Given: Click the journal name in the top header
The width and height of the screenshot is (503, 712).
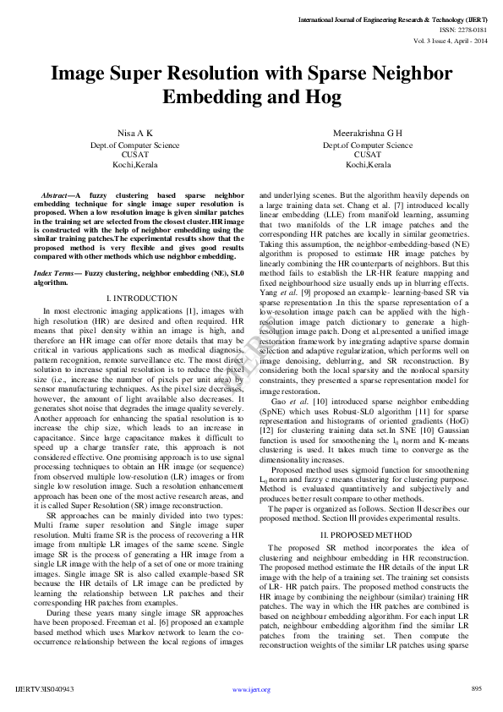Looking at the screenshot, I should (392, 18).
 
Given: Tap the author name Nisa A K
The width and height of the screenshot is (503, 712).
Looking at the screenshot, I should (135, 133).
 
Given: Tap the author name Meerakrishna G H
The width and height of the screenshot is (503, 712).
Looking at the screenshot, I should (367, 133).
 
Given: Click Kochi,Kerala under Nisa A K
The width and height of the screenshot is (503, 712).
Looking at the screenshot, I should (135, 164).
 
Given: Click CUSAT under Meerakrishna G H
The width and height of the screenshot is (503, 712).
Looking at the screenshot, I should (367, 154).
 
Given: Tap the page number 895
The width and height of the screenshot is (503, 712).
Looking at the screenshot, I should (476, 689).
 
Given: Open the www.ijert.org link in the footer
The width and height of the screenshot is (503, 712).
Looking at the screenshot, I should (251, 689).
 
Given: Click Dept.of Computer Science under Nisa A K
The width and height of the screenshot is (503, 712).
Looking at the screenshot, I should (135, 144).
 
